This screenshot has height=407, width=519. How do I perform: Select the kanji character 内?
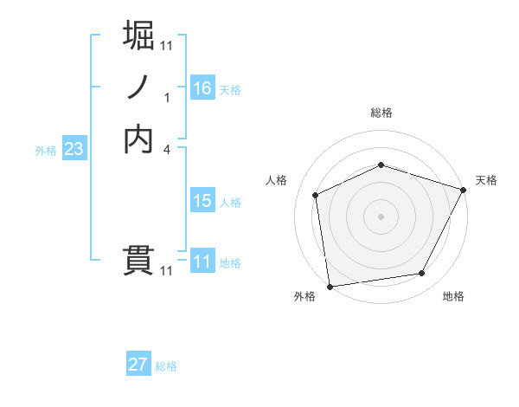(x=139, y=139)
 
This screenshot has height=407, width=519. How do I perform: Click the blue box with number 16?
(x=202, y=88)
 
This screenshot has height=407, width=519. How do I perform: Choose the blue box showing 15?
(x=202, y=201)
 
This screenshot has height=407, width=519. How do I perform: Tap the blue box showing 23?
(x=74, y=149)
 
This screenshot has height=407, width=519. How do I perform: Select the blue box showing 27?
(x=138, y=365)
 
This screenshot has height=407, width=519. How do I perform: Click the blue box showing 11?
(x=202, y=262)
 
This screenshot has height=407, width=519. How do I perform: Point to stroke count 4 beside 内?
(x=167, y=150)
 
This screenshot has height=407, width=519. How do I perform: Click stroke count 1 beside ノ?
(x=167, y=97)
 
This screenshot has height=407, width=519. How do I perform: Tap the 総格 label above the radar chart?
(x=381, y=113)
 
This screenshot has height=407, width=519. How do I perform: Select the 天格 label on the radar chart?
(x=487, y=180)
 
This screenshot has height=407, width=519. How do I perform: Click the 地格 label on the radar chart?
(x=453, y=297)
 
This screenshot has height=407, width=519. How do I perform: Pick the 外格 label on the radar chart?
(x=304, y=297)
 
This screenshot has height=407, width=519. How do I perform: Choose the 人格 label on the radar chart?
(x=276, y=180)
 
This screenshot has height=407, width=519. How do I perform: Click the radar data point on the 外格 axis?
(x=330, y=285)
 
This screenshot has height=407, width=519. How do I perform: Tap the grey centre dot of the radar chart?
(x=381, y=216)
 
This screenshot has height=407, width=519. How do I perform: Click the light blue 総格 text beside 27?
(x=166, y=366)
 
